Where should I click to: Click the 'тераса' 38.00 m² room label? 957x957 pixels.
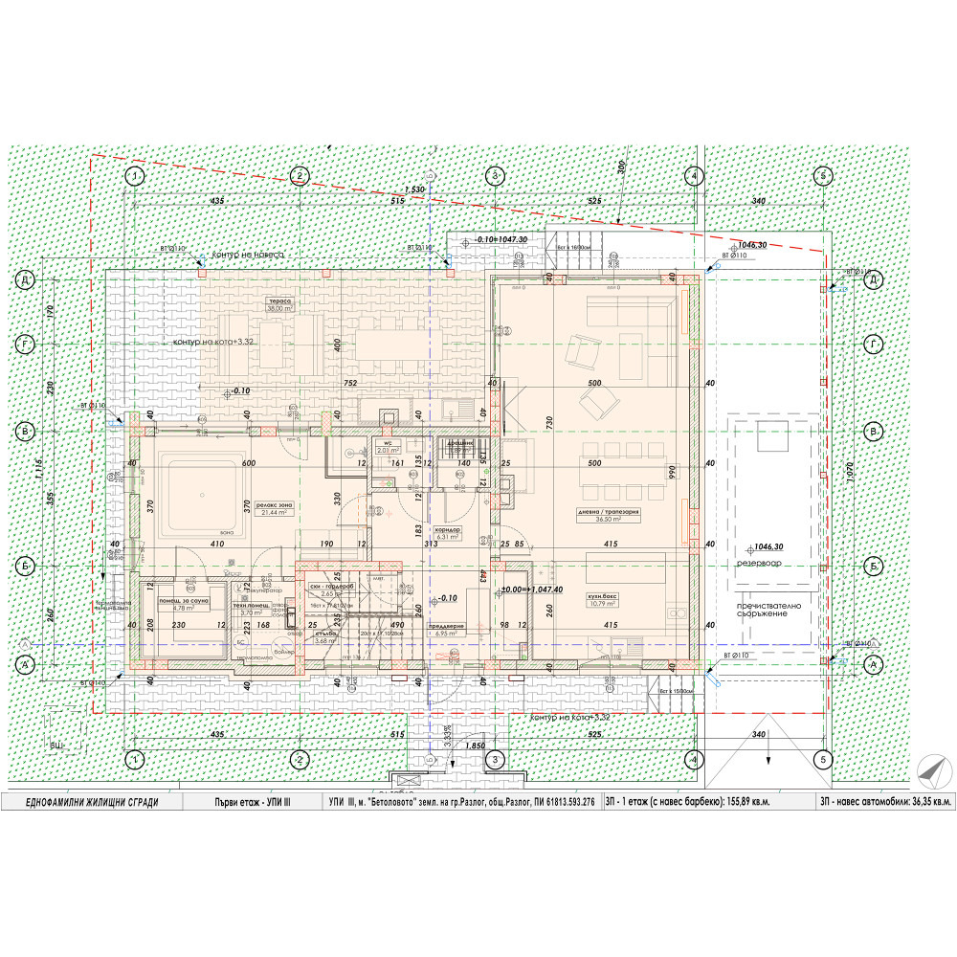(x=279, y=304)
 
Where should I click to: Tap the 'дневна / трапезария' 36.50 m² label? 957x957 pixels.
(x=608, y=515)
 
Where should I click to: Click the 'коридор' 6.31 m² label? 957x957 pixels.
(x=448, y=533)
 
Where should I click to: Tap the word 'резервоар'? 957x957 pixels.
(x=759, y=563)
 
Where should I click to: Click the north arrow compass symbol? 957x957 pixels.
(x=930, y=770)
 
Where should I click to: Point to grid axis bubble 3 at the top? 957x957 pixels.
(x=495, y=176)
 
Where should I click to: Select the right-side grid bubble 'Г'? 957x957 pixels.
(x=873, y=345)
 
